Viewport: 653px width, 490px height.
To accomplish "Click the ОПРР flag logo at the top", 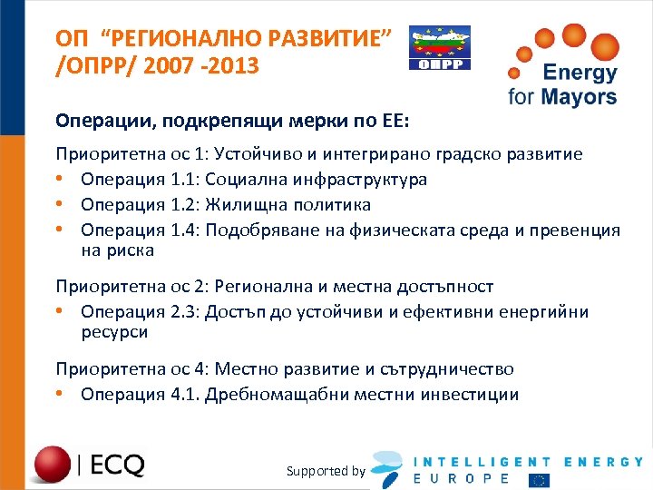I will (x=440, y=47).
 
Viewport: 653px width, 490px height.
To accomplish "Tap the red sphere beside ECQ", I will (x=54, y=463).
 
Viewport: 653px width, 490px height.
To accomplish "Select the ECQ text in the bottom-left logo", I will (x=117, y=465).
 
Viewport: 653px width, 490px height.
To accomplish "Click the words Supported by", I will (x=326, y=470).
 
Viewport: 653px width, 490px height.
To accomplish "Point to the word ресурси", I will (x=114, y=332).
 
